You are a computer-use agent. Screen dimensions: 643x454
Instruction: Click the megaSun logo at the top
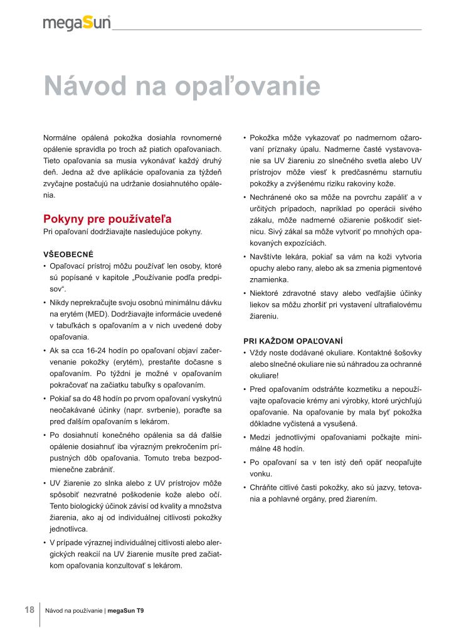[77, 23]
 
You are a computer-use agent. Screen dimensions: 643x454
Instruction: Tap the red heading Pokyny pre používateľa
[107, 219]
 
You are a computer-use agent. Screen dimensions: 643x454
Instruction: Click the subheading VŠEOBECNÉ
[68, 254]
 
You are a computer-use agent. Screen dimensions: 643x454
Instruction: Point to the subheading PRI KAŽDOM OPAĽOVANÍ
[293, 340]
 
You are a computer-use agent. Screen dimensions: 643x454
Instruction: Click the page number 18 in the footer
[29, 610]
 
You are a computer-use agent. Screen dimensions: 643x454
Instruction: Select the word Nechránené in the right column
[271, 197]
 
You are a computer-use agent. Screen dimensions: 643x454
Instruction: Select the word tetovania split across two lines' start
[406, 487]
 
